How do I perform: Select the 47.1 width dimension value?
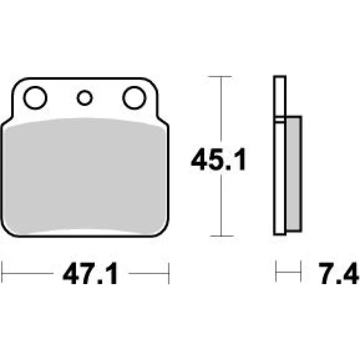tap(90, 274)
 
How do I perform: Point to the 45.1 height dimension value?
tap(218, 159)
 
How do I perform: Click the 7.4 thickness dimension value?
tap(338, 273)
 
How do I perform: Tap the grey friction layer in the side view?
tap(294, 174)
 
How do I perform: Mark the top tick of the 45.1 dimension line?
tap(220, 76)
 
